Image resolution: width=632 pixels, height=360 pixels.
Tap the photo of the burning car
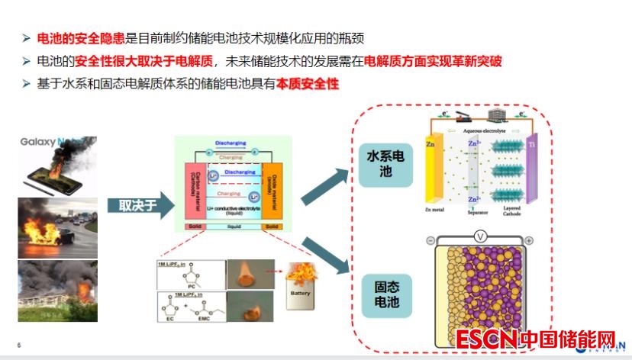click(57, 227)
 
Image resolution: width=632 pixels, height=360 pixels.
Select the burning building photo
click(57, 290)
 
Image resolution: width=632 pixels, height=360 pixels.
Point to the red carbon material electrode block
click(191, 191)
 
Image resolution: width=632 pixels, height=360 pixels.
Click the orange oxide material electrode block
click(272, 191)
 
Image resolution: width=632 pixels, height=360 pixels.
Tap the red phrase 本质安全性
click(308, 84)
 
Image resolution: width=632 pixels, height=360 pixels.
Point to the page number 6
click(19, 346)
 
